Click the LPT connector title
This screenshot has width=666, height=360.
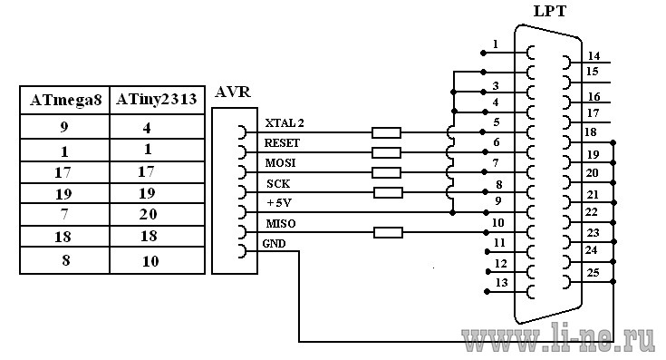pyautogui.click(x=550, y=11)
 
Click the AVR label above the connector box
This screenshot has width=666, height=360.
pyautogui.click(x=232, y=92)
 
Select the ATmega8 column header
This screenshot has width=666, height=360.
pyautogui.click(x=66, y=101)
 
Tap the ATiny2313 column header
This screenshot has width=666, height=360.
pyautogui.click(x=156, y=99)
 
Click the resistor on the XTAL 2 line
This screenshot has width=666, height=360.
pyautogui.click(x=386, y=132)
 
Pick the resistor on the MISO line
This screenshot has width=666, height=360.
pyautogui.click(x=388, y=232)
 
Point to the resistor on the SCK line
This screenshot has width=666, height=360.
pyautogui.click(x=388, y=192)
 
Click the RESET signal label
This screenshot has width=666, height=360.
pyautogui.click(x=282, y=142)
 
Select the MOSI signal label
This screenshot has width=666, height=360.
pyautogui.click(x=280, y=163)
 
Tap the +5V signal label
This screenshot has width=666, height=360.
pyautogui.click(x=279, y=203)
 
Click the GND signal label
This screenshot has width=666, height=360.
pyautogui.click(x=274, y=244)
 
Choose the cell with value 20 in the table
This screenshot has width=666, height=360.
pyautogui.click(x=148, y=214)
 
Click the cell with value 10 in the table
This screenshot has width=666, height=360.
pyautogui.click(x=150, y=261)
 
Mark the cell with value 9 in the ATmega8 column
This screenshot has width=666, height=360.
pyautogui.click(x=64, y=127)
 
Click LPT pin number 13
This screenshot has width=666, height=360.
pyautogui.click(x=502, y=282)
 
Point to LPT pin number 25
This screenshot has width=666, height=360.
pyautogui.click(x=593, y=272)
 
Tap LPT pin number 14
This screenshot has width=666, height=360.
pyautogui.click(x=594, y=55)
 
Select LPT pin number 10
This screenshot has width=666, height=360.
pyautogui.click(x=497, y=222)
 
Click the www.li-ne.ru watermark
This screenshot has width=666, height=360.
pyautogui.click(x=558, y=339)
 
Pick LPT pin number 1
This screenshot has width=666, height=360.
pyautogui.click(x=496, y=44)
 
